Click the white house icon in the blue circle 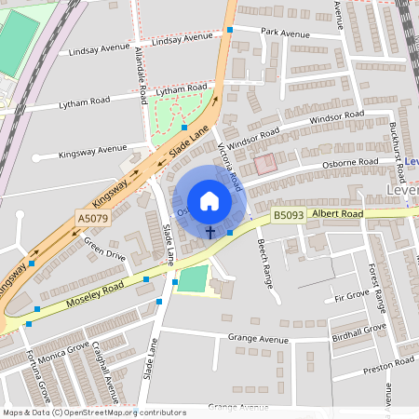click(x=209, y=201)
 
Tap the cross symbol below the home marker click(x=210, y=231)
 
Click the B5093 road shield click(x=288, y=216)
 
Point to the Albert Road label click(x=338, y=213)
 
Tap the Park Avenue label click(x=285, y=34)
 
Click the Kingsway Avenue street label click(x=92, y=149)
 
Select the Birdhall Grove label click(x=359, y=329)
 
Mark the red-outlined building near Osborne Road click(x=265, y=164)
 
